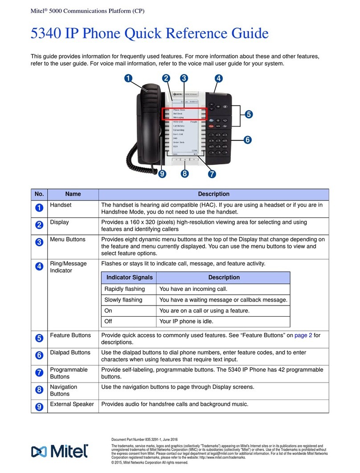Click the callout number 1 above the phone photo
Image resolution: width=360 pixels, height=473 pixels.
129,78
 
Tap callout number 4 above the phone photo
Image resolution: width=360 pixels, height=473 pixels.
218,78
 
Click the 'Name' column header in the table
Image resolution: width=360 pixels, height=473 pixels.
73,194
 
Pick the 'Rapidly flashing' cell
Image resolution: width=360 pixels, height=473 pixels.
124,289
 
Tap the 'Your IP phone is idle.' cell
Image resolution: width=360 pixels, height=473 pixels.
186,321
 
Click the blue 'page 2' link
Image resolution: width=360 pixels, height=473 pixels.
303,335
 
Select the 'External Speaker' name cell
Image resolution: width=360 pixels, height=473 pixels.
72,404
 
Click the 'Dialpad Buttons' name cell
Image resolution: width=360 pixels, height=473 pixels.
70,352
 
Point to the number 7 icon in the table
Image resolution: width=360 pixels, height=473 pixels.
39,372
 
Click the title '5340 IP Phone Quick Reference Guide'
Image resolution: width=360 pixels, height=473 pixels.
149,34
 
